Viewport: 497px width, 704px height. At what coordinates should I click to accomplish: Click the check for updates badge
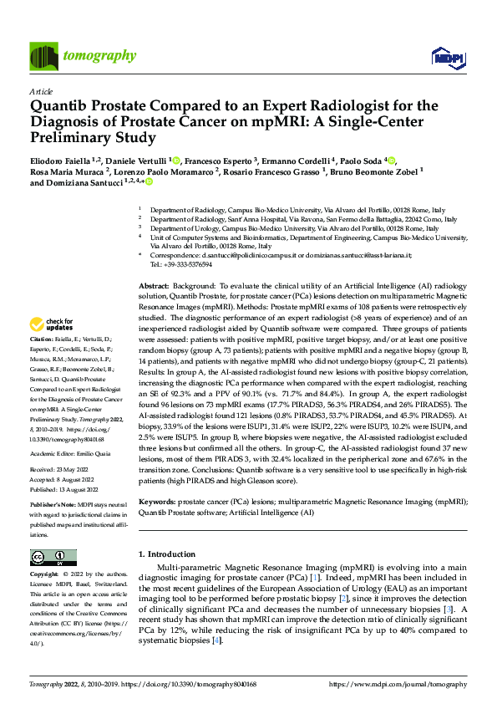(x=53, y=324)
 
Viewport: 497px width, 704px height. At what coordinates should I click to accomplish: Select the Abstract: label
(x=155, y=286)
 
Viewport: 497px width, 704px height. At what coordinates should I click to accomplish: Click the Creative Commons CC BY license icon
(x=53, y=557)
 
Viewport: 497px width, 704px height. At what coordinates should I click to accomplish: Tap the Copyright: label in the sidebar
(x=45, y=575)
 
